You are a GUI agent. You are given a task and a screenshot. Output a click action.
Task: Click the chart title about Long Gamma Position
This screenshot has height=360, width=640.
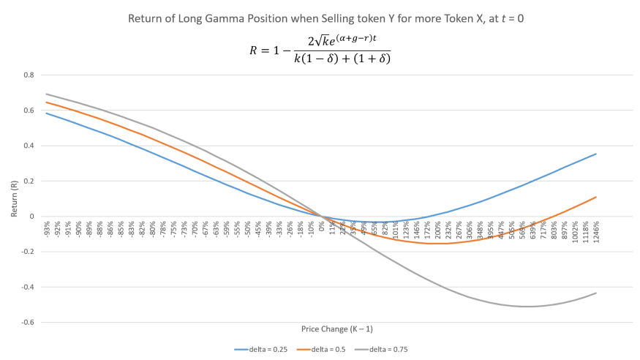click(x=320, y=18)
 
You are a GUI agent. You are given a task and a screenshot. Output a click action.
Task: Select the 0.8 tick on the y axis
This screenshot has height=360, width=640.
click(x=29, y=75)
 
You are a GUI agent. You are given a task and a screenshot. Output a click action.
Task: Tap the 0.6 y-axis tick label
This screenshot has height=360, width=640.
click(x=29, y=110)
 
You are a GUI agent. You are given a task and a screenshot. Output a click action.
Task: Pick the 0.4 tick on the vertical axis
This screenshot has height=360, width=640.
click(x=29, y=146)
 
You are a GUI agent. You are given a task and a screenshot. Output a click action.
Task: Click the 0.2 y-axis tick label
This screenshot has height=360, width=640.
click(x=29, y=181)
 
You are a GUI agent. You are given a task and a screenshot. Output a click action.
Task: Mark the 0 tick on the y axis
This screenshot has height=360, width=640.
click(x=31, y=217)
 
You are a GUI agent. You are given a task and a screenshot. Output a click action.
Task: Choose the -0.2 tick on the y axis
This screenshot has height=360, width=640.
click(x=29, y=252)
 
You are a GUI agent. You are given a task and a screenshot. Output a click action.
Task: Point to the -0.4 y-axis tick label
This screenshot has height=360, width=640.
click(x=29, y=287)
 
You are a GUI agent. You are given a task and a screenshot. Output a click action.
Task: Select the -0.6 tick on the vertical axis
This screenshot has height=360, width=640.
click(x=29, y=322)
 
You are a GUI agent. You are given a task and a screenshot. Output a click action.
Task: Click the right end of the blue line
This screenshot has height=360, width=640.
click(x=597, y=154)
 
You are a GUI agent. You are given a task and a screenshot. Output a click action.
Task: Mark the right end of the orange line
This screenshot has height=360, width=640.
click(x=597, y=197)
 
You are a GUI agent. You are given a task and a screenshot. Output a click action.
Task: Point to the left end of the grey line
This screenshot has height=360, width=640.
click(x=45, y=94)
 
